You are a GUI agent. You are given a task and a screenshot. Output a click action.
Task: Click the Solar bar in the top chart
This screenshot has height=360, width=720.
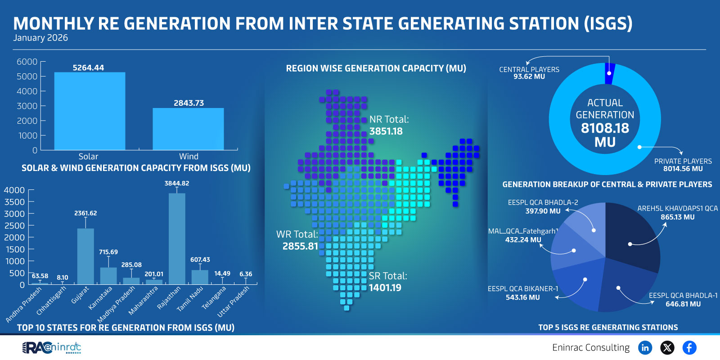click(x=90, y=111)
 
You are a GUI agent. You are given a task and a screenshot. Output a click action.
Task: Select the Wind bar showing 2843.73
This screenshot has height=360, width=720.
click(x=188, y=129)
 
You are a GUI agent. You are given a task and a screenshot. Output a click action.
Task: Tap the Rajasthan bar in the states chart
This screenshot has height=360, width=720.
click(x=177, y=238)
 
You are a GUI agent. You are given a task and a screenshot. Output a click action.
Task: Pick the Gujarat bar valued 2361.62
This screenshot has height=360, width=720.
click(x=85, y=256)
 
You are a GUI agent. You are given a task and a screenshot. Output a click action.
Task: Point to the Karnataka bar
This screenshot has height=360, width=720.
click(x=108, y=276)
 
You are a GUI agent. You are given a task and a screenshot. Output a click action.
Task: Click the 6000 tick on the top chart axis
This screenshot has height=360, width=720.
click(x=27, y=62)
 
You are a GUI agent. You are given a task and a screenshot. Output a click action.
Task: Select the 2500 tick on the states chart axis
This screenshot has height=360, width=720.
click(x=14, y=225)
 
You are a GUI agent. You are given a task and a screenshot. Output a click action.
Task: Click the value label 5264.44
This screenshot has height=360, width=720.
click(x=88, y=68)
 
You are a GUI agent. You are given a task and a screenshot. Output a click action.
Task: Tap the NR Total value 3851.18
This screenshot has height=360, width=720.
click(x=386, y=131)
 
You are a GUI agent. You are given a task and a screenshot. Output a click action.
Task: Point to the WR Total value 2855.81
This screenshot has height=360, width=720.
click(x=300, y=246)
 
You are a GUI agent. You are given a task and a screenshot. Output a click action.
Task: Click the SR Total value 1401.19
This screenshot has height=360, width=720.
click(x=385, y=288)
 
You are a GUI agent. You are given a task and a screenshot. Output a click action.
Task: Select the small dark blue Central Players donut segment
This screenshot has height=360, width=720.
click(x=610, y=74)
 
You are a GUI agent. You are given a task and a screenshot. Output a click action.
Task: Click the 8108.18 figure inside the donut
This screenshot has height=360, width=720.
click(x=605, y=128)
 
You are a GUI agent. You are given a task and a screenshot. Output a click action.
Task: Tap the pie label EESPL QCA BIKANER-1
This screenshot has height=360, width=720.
click(x=523, y=289)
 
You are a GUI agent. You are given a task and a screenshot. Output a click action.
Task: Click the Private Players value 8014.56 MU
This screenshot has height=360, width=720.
click(x=683, y=169)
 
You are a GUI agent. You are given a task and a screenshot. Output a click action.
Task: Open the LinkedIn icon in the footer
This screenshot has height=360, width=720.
click(x=645, y=347)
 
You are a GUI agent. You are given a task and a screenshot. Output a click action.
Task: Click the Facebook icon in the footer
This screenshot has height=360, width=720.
click(x=689, y=347)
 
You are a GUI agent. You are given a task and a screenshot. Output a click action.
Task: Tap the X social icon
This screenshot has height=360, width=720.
click(x=667, y=347)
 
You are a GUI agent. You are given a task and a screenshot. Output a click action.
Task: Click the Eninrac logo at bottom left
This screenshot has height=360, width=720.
click(x=52, y=347)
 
